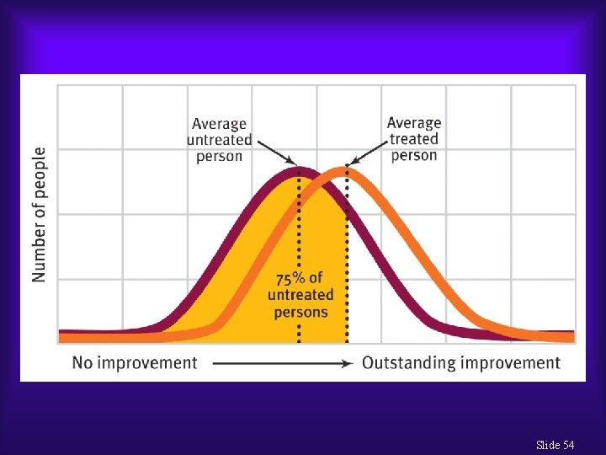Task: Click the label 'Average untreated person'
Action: point(219,140)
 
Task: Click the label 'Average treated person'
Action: point(414,139)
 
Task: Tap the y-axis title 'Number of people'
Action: point(39,215)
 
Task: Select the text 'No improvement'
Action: point(135,363)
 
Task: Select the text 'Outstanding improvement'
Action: point(461,363)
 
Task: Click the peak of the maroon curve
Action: point(299,171)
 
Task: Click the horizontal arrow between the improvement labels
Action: point(281,363)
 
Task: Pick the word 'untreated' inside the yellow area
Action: point(300,295)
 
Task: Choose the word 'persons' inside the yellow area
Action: point(300,312)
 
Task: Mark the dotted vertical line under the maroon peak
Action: point(299,253)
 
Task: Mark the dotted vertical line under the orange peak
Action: point(347,253)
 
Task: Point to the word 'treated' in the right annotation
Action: point(414,139)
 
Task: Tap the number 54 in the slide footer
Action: point(571,445)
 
